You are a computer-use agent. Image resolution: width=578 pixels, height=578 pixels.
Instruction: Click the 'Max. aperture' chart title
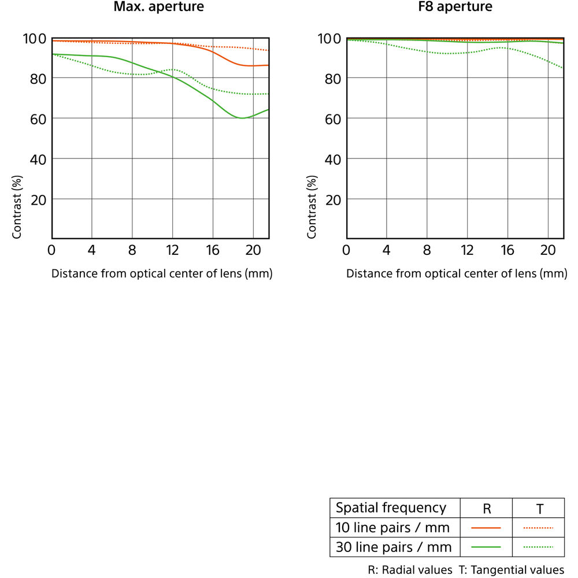point(159,8)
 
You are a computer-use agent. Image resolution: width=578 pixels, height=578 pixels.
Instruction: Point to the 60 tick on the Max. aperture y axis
point(36,118)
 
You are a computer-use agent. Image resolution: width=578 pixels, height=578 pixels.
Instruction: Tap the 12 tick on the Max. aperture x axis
point(173,250)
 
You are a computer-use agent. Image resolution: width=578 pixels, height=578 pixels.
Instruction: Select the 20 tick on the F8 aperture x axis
point(548,250)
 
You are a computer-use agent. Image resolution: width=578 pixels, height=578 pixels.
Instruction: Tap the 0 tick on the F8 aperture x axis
point(346,250)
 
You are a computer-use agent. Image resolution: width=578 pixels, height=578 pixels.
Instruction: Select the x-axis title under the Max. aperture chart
point(162,273)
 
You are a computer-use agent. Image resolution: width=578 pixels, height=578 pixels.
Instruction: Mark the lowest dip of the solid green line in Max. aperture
point(241,118)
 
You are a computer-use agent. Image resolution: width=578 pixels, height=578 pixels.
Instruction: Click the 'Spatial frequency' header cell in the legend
point(391,508)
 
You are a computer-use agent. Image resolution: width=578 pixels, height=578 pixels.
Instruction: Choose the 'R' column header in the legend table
point(487,509)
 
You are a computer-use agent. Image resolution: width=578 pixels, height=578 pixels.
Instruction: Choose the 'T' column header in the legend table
point(539,509)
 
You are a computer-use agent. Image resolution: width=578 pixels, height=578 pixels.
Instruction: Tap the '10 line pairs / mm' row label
point(393,527)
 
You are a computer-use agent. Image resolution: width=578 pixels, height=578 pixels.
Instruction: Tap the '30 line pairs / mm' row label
point(393,547)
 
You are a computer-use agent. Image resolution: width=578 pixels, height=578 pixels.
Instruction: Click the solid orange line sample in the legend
point(486,528)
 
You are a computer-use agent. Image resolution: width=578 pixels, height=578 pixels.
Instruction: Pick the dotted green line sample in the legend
point(539,547)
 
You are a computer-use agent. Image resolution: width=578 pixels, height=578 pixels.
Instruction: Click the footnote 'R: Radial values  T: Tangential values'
point(466,570)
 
